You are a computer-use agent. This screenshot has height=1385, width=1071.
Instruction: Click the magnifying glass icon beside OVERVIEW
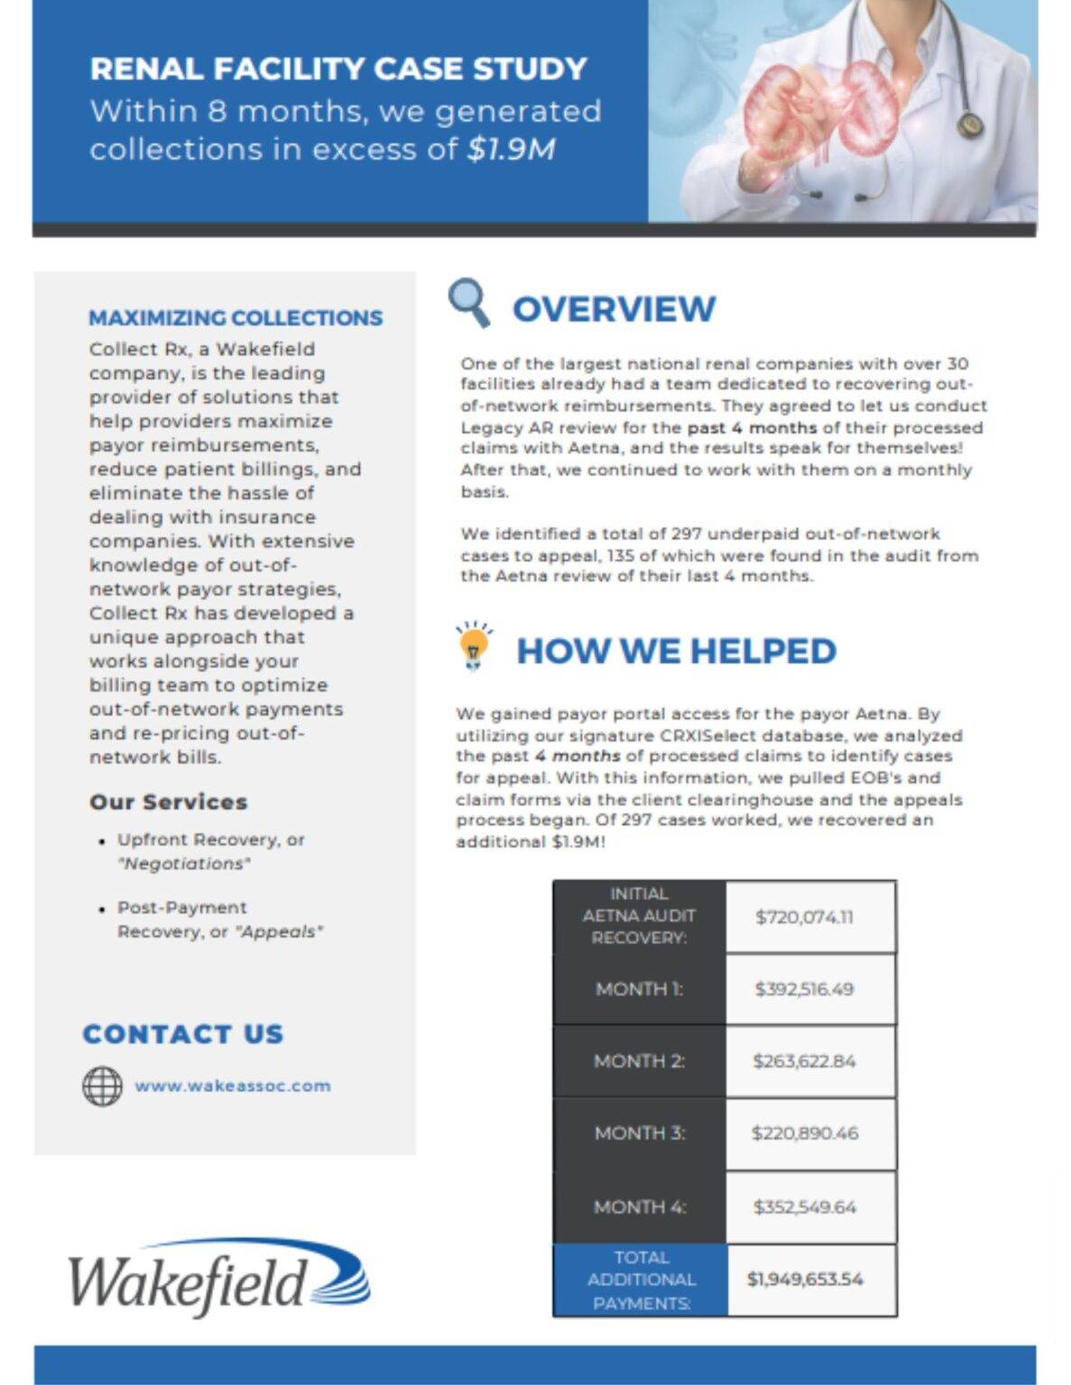[x=468, y=302]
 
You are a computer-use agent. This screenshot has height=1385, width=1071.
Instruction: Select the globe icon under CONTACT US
[x=102, y=1086]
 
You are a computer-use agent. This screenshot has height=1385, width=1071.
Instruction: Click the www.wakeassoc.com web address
[x=233, y=1086]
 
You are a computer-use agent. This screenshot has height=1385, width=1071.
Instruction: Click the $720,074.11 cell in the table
[x=804, y=917]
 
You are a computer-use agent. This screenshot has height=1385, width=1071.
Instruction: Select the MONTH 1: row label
[x=639, y=989]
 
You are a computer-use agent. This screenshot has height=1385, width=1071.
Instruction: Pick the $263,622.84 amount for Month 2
[x=804, y=1061]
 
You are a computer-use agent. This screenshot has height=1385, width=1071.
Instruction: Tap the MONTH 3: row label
[x=639, y=1133]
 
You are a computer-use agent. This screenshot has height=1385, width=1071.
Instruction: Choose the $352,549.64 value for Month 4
[x=804, y=1206]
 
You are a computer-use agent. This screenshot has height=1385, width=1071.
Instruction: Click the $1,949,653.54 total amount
[x=804, y=1280]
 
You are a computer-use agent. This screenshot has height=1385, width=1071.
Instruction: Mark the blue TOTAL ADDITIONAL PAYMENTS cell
[x=641, y=1280]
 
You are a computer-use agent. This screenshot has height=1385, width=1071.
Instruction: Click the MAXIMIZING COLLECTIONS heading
[x=235, y=318]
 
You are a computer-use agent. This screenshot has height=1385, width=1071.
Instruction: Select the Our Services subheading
[x=168, y=802]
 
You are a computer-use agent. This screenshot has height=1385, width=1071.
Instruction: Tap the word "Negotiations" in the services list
[x=184, y=864]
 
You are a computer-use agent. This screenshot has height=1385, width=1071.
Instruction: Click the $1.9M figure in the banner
[x=511, y=149]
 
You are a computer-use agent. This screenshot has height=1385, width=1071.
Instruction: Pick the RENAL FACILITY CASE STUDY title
[x=338, y=69]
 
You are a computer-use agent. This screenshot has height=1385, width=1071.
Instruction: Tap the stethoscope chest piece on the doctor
[x=970, y=124]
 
